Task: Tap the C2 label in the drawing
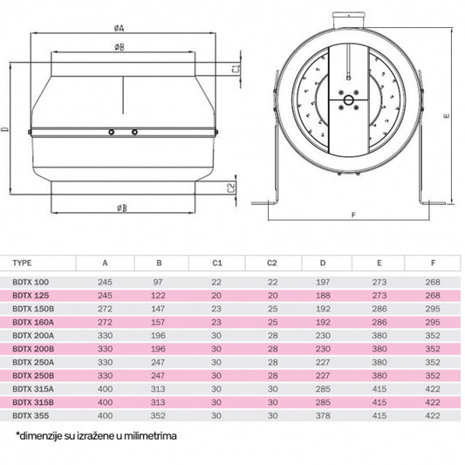coord(231,187)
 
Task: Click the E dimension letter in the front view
coord(445,113)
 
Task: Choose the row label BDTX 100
coord(31,283)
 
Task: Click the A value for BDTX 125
coord(106,295)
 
